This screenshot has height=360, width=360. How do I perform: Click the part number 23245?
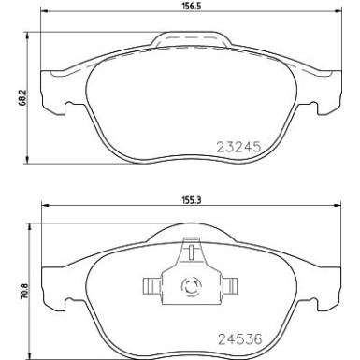[x=238, y=146]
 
